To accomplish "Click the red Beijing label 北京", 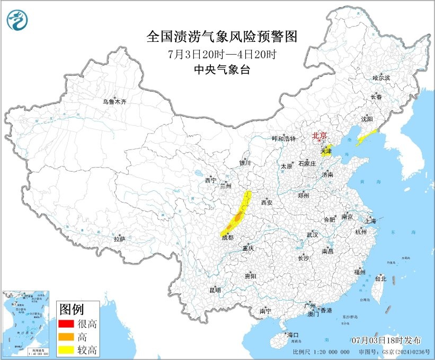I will click(320, 135).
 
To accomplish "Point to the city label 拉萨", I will click(119, 239).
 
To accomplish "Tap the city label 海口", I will click(293, 335).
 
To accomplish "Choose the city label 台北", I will click(380, 278).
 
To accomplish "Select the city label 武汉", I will click(312, 234).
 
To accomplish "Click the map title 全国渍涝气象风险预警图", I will click(221, 37).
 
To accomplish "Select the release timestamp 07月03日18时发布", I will click(387, 339).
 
